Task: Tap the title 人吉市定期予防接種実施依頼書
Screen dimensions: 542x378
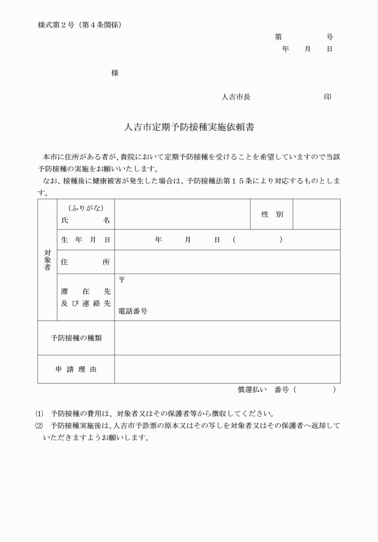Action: point(188,128)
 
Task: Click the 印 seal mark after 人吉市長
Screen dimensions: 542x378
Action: point(328,97)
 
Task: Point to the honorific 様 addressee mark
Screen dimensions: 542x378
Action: point(115,73)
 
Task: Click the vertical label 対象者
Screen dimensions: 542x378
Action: point(47,260)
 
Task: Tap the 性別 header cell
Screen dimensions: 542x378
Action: point(272,214)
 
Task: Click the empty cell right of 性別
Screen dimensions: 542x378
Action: point(316,214)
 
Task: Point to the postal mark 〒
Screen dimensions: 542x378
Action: point(122,280)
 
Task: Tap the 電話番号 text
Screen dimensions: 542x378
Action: point(133,311)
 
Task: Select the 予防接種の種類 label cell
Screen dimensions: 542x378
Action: point(76,338)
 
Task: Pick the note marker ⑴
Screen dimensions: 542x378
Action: point(40,414)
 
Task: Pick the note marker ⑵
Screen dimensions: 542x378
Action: point(40,426)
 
